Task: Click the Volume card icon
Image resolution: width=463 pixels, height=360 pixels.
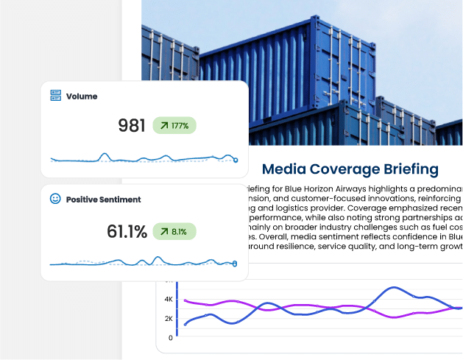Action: click(55, 96)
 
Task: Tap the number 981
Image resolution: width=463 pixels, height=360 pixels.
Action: click(132, 125)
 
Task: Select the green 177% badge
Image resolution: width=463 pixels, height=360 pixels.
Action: click(174, 125)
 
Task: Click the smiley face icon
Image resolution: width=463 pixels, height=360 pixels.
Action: click(55, 199)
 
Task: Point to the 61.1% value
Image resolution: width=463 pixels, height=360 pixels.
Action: click(127, 231)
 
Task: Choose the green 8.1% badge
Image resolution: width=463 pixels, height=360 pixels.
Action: click(174, 231)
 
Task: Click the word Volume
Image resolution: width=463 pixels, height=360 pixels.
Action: click(82, 96)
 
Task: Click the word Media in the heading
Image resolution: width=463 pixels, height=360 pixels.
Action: click(284, 169)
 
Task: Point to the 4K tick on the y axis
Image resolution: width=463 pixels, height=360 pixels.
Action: click(169, 300)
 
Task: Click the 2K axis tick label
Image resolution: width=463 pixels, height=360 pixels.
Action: click(169, 319)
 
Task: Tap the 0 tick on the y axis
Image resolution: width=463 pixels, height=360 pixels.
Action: click(171, 338)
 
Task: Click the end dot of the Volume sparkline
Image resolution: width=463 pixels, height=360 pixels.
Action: click(236, 160)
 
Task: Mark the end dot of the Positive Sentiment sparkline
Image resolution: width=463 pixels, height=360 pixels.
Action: click(235, 264)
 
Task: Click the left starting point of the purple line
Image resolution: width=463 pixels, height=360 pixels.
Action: click(185, 300)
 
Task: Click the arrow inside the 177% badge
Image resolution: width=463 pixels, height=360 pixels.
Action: click(163, 125)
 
